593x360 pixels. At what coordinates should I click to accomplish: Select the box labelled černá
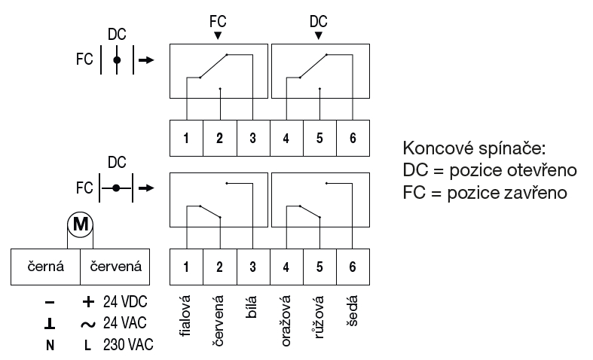45,266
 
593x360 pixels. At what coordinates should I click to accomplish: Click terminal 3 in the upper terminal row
252,138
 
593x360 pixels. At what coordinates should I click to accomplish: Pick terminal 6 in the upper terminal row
353,138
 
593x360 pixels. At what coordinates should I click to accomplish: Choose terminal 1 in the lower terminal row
185,266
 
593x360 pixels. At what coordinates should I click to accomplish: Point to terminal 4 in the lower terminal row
286,266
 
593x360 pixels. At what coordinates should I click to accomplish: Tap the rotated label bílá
252,309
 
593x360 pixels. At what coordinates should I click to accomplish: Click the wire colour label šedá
353,311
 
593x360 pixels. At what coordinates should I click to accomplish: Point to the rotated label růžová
319,316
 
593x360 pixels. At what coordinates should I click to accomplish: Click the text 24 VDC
125,302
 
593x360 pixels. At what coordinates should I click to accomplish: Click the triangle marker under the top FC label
218,35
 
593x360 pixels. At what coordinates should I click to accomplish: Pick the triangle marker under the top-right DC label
319,35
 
